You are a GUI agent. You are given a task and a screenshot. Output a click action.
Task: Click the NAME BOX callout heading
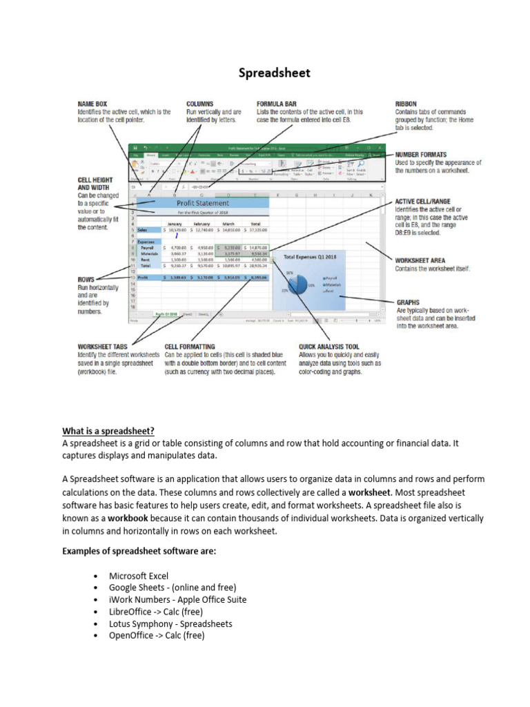(x=92, y=104)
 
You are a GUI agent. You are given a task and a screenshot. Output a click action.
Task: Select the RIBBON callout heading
(x=406, y=104)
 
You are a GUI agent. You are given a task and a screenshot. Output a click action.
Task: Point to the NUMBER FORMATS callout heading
(x=421, y=155)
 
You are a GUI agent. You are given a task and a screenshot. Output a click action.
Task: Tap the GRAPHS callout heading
(x=409, y=302)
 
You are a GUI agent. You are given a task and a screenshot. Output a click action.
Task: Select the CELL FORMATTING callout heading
(x=189, y=347)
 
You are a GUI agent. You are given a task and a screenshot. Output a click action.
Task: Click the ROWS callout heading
(x=86, y=280)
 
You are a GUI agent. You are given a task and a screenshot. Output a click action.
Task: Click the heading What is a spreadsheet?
(x=108, y=431)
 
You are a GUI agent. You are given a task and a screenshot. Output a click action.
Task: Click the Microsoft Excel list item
(x=138, y=575)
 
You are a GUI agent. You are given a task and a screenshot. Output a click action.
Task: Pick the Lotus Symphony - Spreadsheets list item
(x=170, y=623)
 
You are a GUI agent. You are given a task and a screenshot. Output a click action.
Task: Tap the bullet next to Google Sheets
(x=93, y=588)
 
